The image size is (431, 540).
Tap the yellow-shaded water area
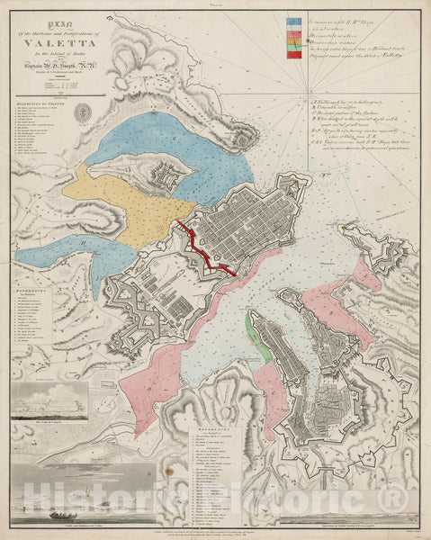126,202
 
